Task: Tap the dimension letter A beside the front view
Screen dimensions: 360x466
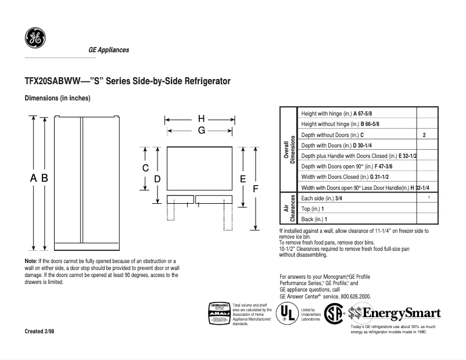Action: point(34,179)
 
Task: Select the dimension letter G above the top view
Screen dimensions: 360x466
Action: point(201,131)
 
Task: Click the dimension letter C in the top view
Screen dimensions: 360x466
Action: point(146,168)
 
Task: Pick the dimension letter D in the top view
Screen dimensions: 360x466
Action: point(157,179)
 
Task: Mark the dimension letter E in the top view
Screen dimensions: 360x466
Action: point(243,179)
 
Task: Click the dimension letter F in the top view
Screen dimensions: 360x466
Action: point(255,189)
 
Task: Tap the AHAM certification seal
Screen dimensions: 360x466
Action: point(218,314)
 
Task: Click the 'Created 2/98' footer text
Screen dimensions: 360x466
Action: point(40,331)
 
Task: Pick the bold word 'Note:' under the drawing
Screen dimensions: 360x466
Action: point(31,262)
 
